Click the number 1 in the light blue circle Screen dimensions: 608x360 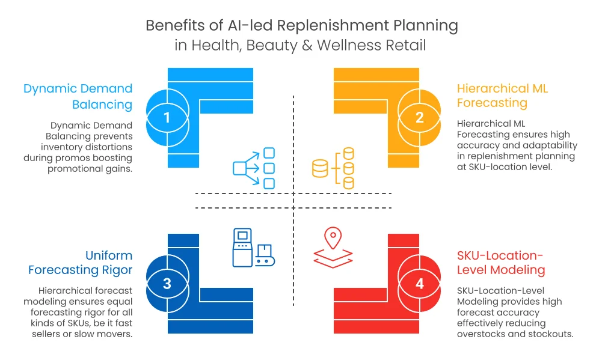tap(167, 117)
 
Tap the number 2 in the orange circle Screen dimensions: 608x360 tap(420, 117)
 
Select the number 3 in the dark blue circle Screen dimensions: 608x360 tap(167, 284)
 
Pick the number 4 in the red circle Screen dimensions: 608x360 tap(420, 284)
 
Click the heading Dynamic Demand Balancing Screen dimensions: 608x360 tap(78, 97)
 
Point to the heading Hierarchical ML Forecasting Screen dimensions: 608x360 tap(502, 96)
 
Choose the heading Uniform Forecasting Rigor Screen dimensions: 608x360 tap(80, 263)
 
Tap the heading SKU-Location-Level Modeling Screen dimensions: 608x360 tap(501, 263)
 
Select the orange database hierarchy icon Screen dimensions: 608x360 tap(333, 168)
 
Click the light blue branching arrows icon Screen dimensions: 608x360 tap(254, 168)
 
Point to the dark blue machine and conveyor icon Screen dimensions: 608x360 tap(254, 248)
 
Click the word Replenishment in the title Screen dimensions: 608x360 tap(333, 26)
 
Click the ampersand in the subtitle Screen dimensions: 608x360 tap(307, 45)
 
